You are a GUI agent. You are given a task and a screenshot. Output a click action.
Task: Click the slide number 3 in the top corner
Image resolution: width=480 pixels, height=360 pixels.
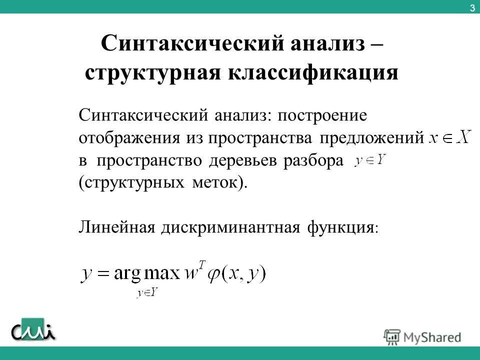pyautogui.click(x=472, y=7)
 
